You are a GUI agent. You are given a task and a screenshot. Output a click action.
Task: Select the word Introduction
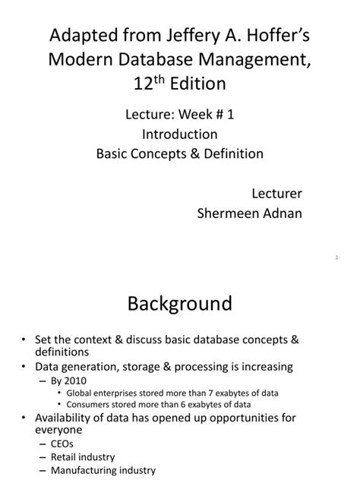coord(180,134)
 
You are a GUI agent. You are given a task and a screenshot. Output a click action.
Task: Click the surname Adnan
coord(283,213)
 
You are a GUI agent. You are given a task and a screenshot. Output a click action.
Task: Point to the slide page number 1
coord(336,258)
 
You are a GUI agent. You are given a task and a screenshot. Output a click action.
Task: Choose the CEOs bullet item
coord(63,444)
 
